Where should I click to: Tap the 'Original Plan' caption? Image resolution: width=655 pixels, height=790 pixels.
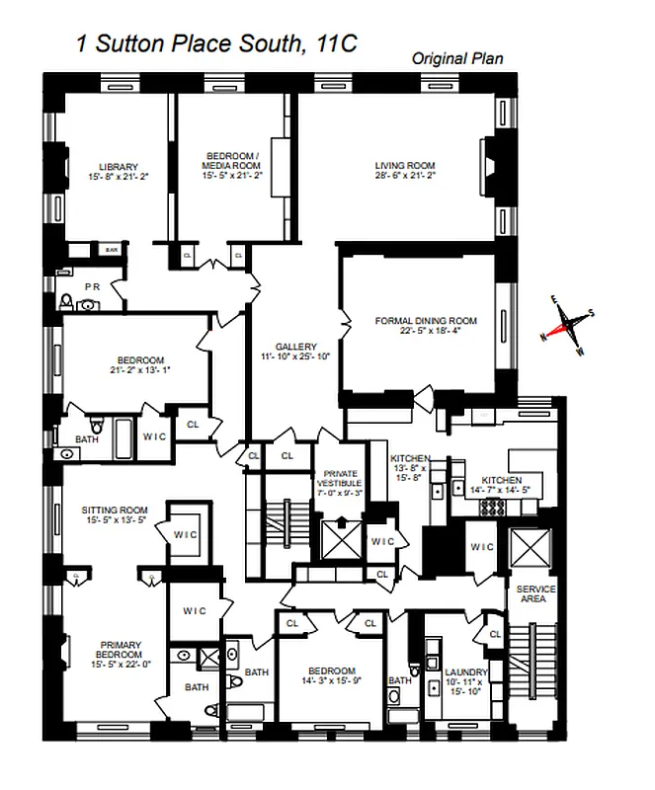tap(456, 59)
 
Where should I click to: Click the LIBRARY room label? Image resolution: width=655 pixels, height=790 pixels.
tap(118, 166)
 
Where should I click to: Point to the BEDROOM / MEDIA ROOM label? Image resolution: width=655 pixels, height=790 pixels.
tap(232, 159)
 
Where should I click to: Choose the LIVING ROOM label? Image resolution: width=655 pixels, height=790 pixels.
tap(404, 166)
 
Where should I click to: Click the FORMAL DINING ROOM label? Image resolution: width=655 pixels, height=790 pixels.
tap(426, 321)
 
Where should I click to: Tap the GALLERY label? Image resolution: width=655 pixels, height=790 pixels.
tap(295, 347)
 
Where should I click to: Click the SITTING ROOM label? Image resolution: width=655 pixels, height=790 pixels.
tap(113, 511)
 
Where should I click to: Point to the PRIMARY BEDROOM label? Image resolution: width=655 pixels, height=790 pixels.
tap(118, 649)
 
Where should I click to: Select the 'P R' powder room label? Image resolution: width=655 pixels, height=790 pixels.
tap(93, 286)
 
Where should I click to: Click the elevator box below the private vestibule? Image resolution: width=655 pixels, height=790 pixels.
tap(340, 540)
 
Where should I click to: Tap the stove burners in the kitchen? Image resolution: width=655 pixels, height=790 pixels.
tap(492, 506)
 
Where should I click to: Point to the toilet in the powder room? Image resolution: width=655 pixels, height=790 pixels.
tap(66, 302)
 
